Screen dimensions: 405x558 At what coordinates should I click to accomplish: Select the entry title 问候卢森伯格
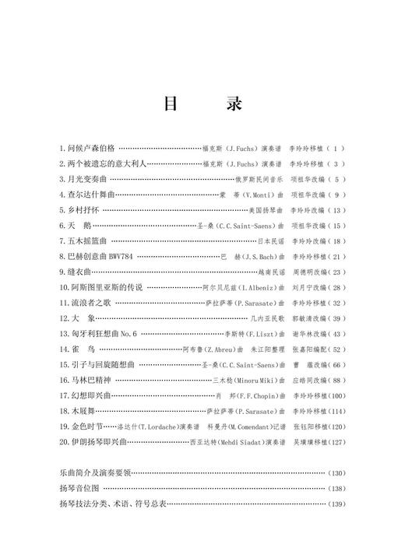coord(86,147)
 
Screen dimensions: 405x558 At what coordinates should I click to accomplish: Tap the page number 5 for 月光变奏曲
coord(336,179)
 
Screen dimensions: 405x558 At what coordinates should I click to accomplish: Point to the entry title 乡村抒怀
coord(81,210)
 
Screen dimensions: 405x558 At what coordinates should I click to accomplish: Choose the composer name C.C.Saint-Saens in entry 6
coord(248,226)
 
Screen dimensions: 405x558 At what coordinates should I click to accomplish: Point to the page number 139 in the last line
coord(336,504)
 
